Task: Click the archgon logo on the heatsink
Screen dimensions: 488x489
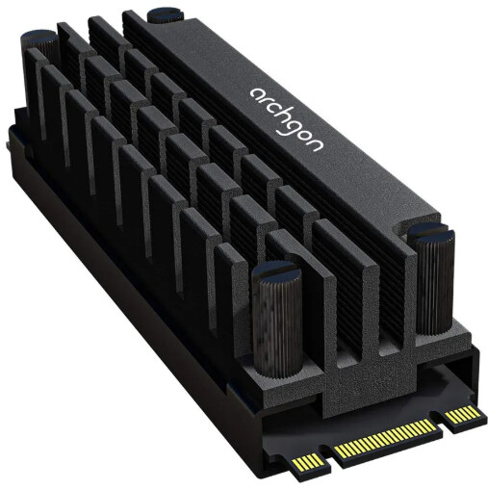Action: click(x=287, y=118)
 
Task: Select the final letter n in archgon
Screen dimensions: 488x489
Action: click(x=315, y=145)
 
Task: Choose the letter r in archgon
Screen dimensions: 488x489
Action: click(x=265, y=100)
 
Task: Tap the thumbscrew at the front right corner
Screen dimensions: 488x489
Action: click(x=434, y=278)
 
